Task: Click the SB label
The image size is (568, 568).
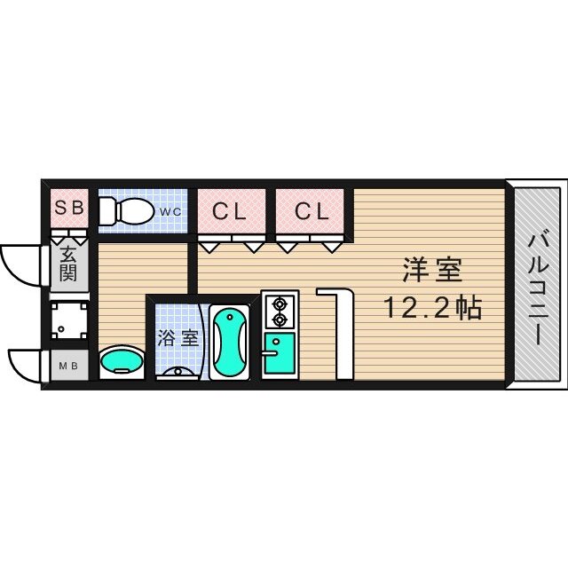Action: pos(69,209)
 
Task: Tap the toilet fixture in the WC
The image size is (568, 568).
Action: pos(125,212)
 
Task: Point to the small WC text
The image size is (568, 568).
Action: pos(170,211)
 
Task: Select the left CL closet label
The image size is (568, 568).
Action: pos(229,211)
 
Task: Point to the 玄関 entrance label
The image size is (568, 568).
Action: pos(68,264)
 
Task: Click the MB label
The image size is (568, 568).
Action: pos(67,365)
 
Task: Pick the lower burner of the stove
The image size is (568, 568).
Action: pos(281,318)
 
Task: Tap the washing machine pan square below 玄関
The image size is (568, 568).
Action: pos(67,320)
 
